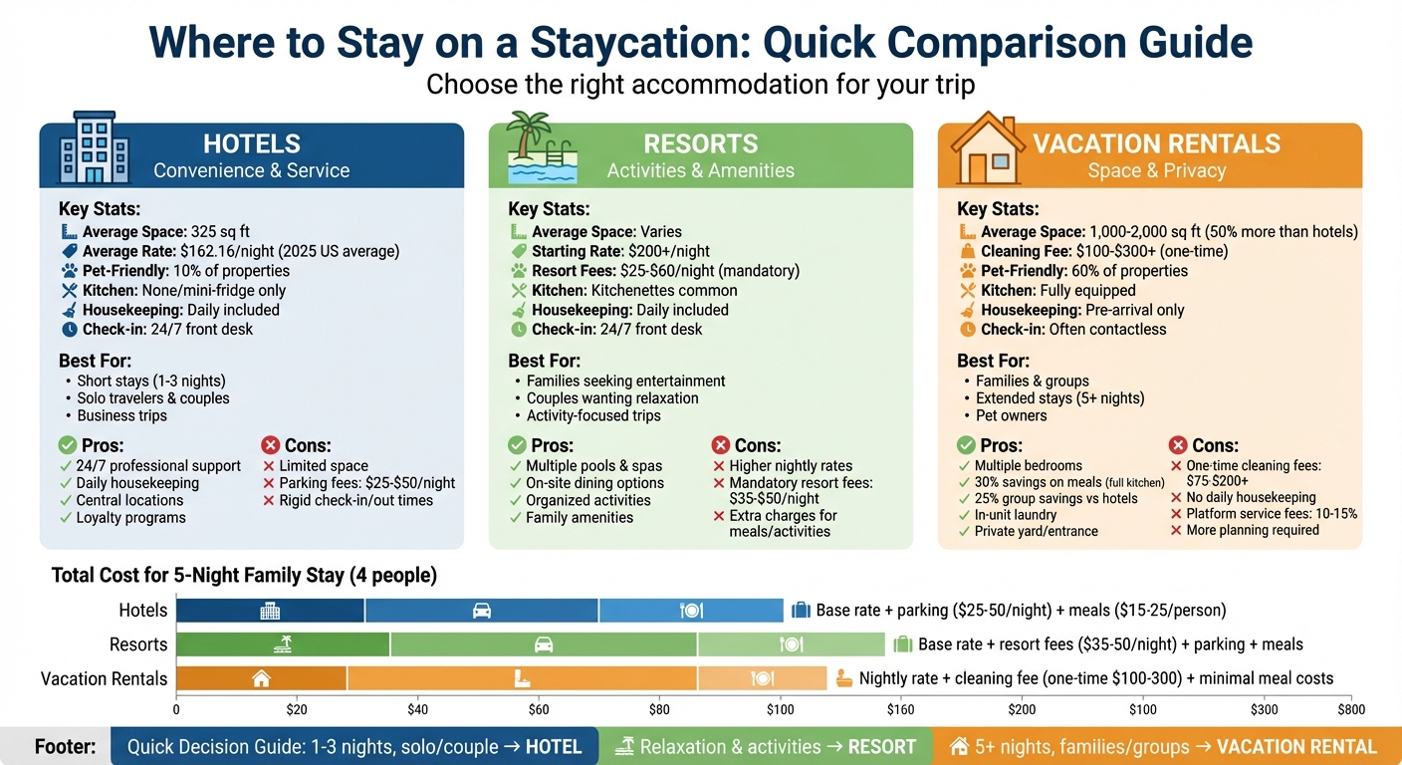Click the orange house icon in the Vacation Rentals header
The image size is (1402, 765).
point(986,149)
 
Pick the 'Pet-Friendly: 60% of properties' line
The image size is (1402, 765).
point(1073,271)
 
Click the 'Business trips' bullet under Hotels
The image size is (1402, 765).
point(121,415)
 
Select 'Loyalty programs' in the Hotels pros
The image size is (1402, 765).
point(130,517)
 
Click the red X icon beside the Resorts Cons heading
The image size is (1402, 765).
point(721,445)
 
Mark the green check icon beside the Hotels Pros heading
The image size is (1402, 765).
point(68,445)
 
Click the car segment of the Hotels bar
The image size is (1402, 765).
point(482,611)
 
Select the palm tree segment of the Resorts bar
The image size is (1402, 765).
point(283,644)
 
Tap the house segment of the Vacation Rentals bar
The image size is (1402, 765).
point(261,678)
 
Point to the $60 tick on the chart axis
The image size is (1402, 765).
point(539,710)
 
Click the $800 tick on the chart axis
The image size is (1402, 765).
point(1350,710)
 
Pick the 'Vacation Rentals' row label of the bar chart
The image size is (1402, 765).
point(104,678)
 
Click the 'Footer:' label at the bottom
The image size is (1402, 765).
point(66,747)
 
